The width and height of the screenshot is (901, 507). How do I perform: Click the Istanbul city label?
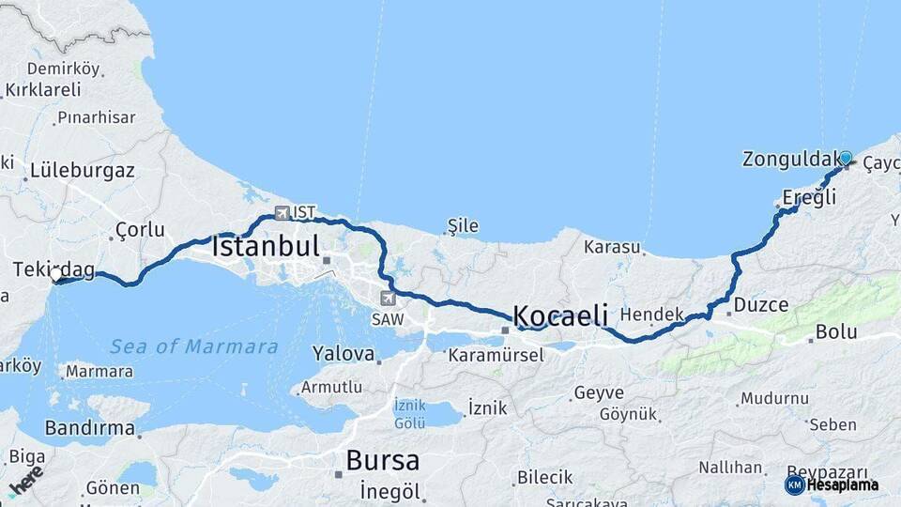pyautogui.click(x=267, y=247)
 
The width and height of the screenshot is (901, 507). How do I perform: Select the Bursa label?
pyautogui.click(x=382, y=461)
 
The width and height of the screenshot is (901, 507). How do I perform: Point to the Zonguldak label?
pyautogui.click(x=789, y=159)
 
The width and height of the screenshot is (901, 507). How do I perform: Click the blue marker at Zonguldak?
pyautogui.click(x=846, y=158)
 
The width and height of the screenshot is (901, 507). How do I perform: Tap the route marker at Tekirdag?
pyautogui.click(x=56, y=277)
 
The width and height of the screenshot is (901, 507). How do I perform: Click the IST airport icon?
pyautogui.click(x=282, y=213)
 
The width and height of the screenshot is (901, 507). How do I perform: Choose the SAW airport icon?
pyautogui.click(x=388, y=298)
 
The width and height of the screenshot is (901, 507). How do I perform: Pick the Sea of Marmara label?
pyautogui.click(x=194, y=346)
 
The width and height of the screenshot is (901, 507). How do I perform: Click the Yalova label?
pyautogui.click(x=343, y=356)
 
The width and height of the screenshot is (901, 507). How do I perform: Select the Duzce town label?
pyautogui.click(x=760, y=304)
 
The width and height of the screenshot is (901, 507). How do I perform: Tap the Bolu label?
pyautogui.click(x=834, y=331)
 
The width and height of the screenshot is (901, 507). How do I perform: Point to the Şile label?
pyautogui.click(x=464, y=225)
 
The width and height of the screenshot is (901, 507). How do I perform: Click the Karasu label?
pyautogui.click(x=611, y=248)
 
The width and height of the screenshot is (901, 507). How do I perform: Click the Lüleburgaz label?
pyautogui.click(x=83, y=171)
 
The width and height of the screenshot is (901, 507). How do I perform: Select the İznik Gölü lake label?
pyautogui.click(x=411, y=414)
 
